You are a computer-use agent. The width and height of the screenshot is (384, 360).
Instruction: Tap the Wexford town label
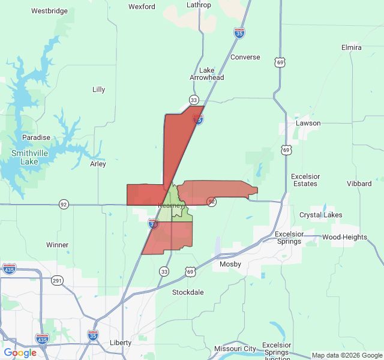142,7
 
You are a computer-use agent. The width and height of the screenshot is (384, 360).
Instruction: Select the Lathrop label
199,5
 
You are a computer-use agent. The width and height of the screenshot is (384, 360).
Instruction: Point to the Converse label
245,57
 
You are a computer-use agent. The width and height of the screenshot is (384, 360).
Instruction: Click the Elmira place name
351,47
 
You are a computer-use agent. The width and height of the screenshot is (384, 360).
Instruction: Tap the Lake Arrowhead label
207,74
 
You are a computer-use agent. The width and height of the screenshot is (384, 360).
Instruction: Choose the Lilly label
99,89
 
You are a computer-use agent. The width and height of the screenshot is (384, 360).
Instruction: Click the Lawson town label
308,123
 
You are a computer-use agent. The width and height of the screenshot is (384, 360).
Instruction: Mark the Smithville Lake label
25,157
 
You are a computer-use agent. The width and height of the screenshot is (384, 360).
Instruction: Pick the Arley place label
98,164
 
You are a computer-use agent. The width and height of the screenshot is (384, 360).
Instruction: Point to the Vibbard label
359,183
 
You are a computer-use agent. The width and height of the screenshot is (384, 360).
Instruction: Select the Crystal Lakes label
321,215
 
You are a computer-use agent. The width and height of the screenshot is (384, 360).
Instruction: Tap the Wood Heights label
344,237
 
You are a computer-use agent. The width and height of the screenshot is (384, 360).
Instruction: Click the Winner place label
58,245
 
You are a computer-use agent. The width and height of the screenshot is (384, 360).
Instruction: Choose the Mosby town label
230,264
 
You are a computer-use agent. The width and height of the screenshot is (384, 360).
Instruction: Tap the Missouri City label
235,349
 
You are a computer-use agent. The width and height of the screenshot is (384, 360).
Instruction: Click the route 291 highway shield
57,280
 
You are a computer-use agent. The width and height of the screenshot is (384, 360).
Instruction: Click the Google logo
20,353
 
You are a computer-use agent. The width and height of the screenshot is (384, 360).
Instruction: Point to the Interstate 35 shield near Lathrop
239,33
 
